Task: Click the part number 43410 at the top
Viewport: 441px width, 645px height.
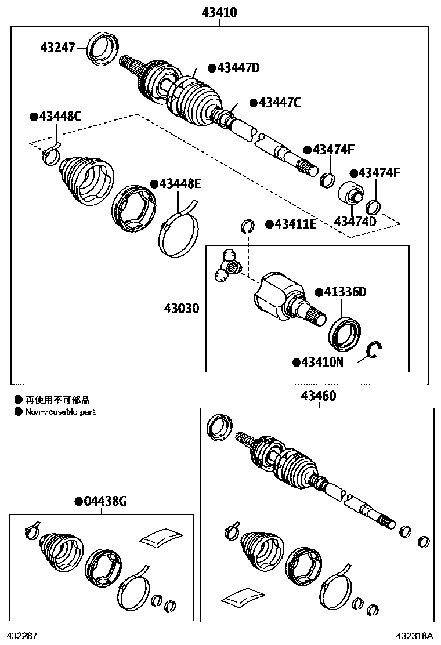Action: pyautogui.click(x=220, y=12)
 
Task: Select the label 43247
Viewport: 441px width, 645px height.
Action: pyautogui.click(x=57, y=48)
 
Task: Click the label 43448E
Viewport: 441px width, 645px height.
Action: pyautogui.click(x=180, y=184)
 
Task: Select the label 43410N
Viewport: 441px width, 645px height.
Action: pyautogui.click(x=322, y=363)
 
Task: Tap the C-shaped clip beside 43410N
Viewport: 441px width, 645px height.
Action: pyautogui.click(x=374, y=350)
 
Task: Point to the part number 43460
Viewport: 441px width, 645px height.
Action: pyautogui.click(x=318, y=397)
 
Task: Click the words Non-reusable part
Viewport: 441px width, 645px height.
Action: pyautogui.click(x=60, y=412)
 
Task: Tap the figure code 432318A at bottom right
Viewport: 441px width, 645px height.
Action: pyautogui.click(x=415, y=636)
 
